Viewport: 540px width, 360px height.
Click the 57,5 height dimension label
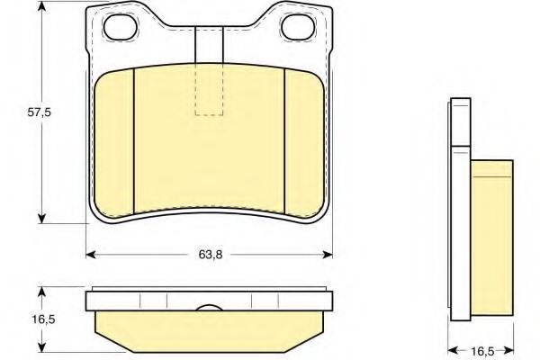click(19, 113)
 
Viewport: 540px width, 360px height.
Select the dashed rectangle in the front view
click(208, 90)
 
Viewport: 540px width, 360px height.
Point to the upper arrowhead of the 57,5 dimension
click(41, 9)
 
